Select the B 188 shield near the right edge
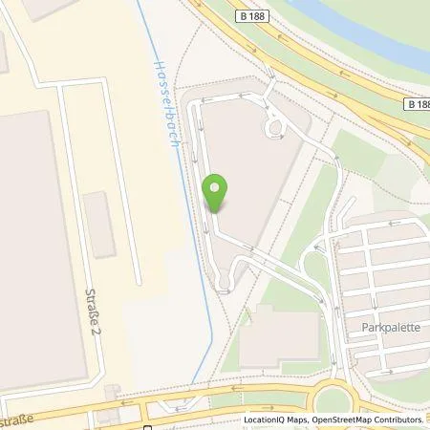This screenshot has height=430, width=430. click(x=414, y=102)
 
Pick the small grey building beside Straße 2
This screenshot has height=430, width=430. click(x=98, y=225)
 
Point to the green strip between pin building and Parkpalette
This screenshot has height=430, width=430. click(x=306, y=220)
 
